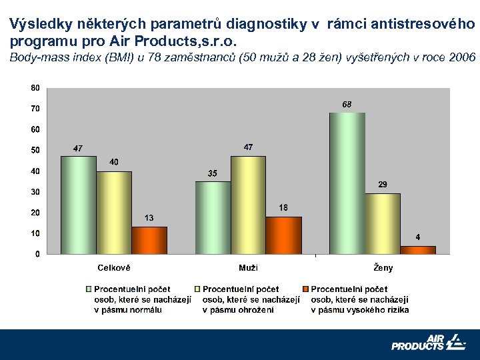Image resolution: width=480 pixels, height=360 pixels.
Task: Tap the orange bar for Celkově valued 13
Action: coord(149,240)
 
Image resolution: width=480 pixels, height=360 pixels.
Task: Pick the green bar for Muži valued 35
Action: coord(213,217)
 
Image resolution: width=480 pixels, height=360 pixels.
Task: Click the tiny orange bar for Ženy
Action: coord(418,250)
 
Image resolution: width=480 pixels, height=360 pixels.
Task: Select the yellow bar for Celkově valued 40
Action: coord(113,213)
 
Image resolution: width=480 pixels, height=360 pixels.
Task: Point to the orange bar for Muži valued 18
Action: coord(283,235)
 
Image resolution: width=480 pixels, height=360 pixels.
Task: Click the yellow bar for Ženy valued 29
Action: coord(383,223)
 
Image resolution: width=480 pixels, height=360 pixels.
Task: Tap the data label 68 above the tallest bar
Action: coord(347,105)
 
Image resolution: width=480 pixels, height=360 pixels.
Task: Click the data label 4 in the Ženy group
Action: coord(418,237)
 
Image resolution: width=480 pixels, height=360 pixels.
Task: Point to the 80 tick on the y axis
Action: coord(34,87)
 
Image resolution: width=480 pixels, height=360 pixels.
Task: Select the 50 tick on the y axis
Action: coord(34,150)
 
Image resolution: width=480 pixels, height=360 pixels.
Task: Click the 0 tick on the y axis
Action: coord(36,254)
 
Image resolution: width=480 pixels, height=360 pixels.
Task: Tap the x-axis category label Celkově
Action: coord(114,268)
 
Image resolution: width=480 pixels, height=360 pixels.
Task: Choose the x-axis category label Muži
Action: coord(248,268)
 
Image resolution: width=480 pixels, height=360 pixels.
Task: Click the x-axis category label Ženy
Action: coord(383,268)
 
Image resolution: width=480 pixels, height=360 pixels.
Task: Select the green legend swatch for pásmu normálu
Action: coord(87,289)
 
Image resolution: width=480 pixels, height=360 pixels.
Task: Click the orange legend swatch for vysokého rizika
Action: coord(305,289)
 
